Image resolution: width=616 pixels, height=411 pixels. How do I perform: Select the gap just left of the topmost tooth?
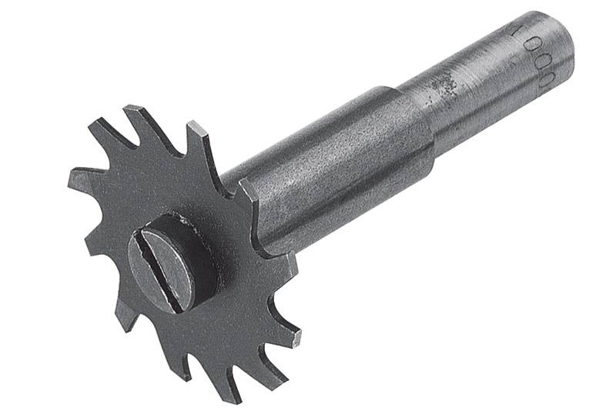pyautogui.click(x=115, y=135)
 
